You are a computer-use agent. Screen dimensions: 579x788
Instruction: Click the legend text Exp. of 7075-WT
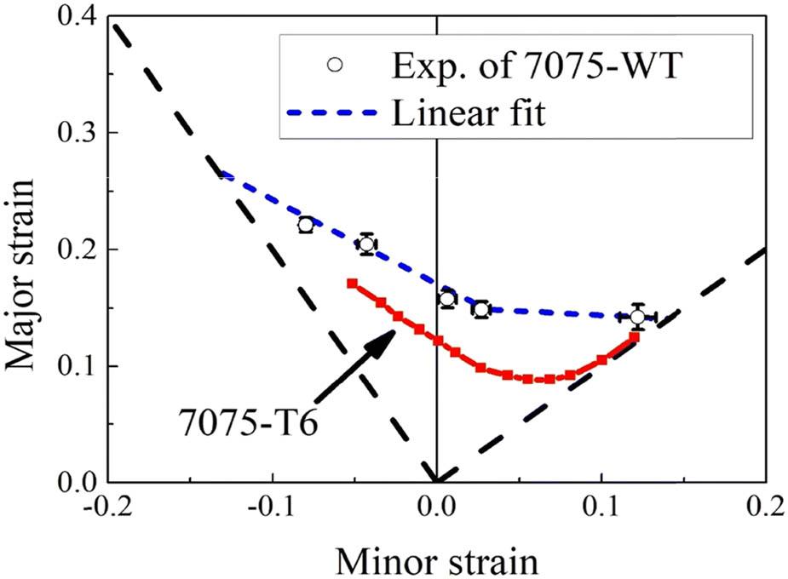520,67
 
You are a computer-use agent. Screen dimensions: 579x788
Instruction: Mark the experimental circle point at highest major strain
306,225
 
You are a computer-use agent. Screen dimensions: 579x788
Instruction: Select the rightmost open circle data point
637,317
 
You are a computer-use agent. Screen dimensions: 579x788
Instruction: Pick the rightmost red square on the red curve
635,337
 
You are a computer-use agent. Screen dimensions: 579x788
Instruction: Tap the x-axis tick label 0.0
436,509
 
